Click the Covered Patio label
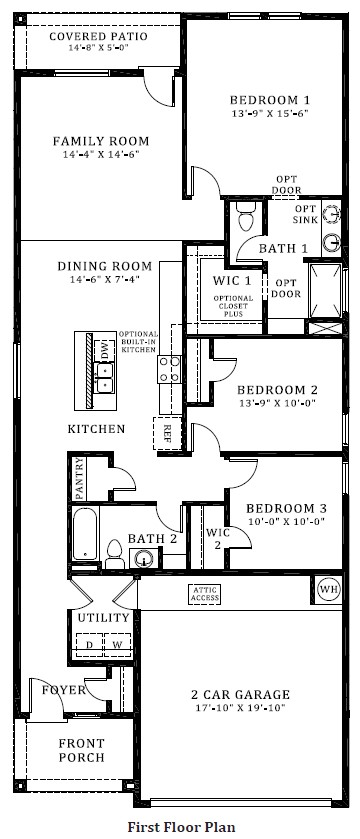(x=98, y=36)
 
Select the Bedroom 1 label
(x=269, y=100)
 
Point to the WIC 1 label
(x=231, y=281)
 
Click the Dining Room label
(x=104, y=266)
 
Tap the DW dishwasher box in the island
(x=105, y=351)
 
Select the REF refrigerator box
(x=167, y=432)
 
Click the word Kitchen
(x=96, y=429)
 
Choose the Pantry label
(x=79, y=477)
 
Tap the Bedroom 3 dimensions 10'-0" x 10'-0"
(x=286, y=521)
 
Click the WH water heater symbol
(x=328, y=589)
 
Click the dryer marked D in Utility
(x=90, y=645)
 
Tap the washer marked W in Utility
(x=117, y=645)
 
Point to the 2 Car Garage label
(x=240, y=695)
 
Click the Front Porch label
(x=81, y=750)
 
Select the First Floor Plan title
(x=181, y=827)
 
